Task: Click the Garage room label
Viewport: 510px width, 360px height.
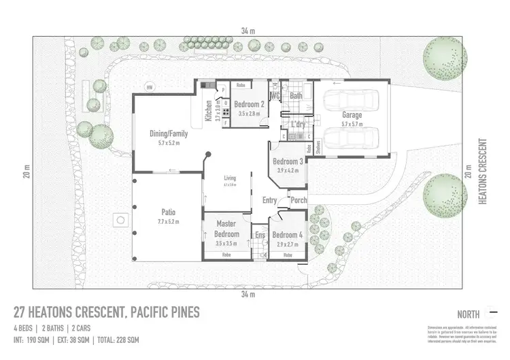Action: click(x=352, y=115)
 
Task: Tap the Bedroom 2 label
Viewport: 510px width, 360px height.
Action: click(x=250, y=104)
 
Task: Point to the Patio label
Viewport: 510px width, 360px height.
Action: click(x=168, y=211)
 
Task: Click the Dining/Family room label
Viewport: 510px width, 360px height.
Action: click(x=168, y=133)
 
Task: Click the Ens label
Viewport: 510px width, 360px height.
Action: click(x=259, y=235)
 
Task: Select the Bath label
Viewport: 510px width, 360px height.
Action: click(x=296, y=96)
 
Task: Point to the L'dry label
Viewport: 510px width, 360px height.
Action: click(x=297, y=125)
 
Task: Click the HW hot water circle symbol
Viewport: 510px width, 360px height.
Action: click(x=150, y=86)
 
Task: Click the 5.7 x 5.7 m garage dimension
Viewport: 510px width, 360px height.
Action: click(x=352, y=124)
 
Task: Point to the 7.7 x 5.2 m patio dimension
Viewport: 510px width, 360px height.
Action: click(x=168, y=222)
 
